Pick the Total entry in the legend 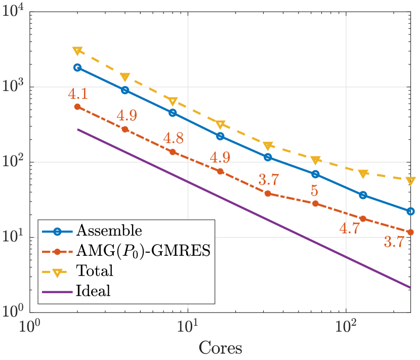tap(95, 271)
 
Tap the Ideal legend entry tap(93, 291)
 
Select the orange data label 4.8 tap(173, 138)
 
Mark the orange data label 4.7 tap(349, 228)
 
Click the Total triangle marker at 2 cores tap(77, 51)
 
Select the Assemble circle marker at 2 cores tap(77, 67)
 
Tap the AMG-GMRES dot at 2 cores tap(77, 107)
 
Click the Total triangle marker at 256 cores tap(410, 181)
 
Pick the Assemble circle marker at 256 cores tap(410, 211)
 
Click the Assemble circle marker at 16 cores tap(220, 136)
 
